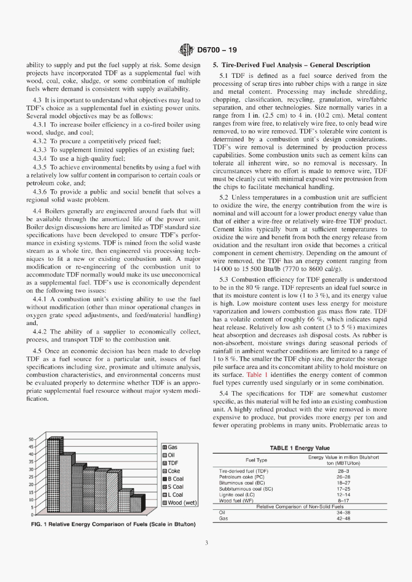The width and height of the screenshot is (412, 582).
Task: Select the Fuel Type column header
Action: coord(256,460)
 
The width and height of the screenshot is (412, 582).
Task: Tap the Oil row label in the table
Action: coord(223,512)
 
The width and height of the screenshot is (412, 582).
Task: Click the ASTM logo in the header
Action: coord(186,50)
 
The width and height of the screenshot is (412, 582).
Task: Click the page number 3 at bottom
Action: coord(206,543)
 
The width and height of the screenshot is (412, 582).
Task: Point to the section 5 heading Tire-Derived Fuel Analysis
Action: coord(291,65)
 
